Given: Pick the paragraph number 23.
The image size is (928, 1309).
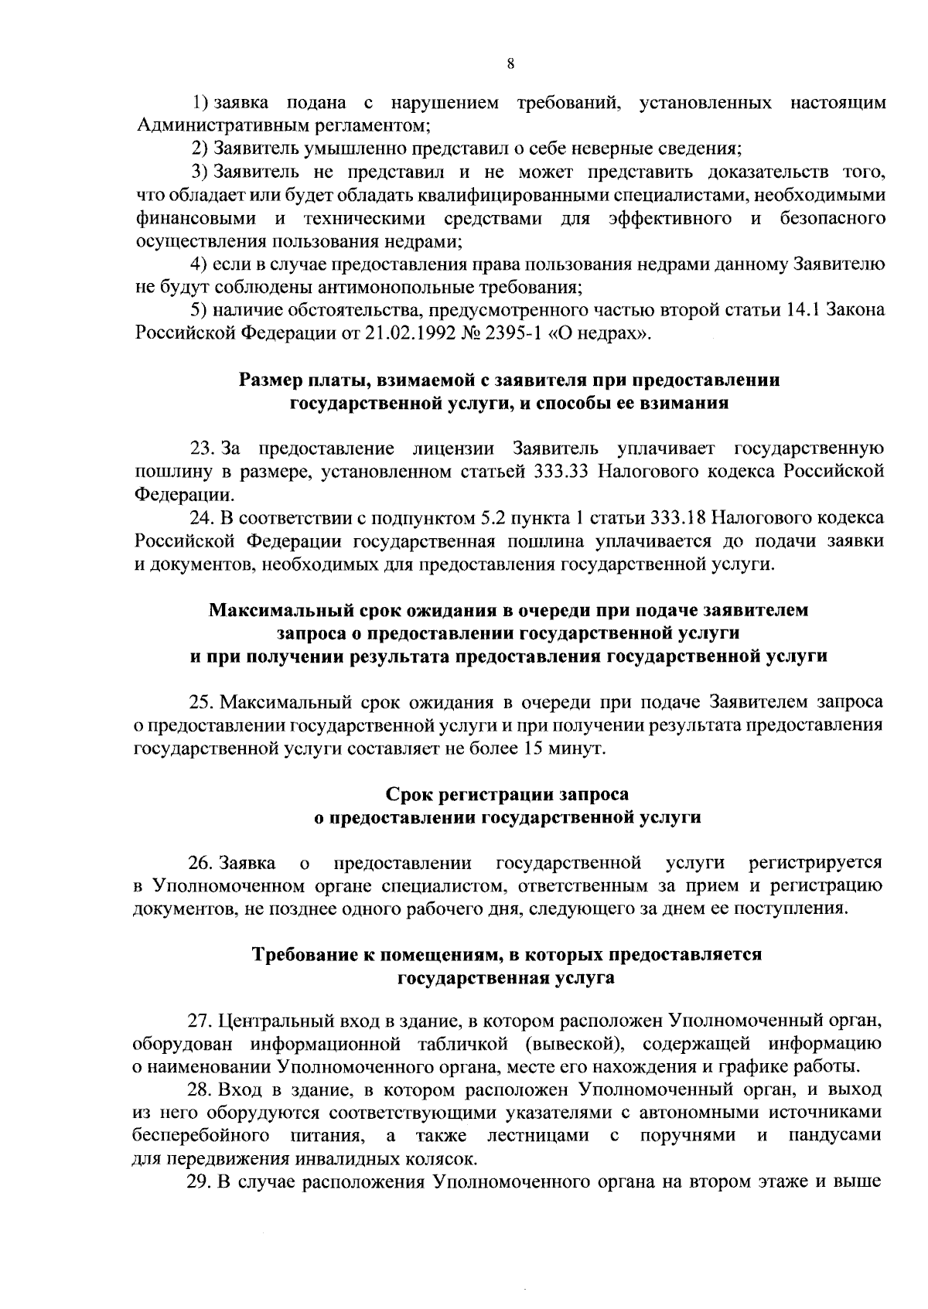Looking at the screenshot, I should pos(203,448).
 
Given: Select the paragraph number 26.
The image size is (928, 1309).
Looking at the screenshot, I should pos(203,862).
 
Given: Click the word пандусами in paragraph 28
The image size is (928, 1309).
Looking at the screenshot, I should pos(837,1137).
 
